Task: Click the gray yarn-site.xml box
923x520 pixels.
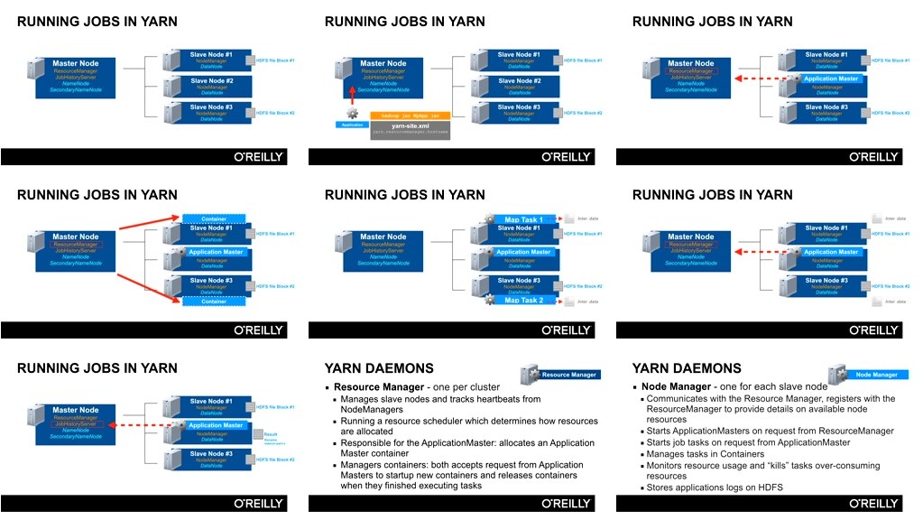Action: [x=411, y=129]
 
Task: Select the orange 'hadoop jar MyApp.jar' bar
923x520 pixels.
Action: [x=411, y=116]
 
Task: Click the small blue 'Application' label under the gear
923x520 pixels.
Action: [x=352, y=125]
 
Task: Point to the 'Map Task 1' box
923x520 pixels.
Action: [x=523, y=219]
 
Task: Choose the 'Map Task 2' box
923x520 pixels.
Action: [x=523, y=300]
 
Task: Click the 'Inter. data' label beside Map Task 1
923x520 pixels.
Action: [x=587, y=219]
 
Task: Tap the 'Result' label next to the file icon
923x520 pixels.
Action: [x=271, y=434]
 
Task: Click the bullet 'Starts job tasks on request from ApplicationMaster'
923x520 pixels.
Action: [x=748, y=442]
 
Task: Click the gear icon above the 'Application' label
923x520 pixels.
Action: [x=352, y=113]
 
